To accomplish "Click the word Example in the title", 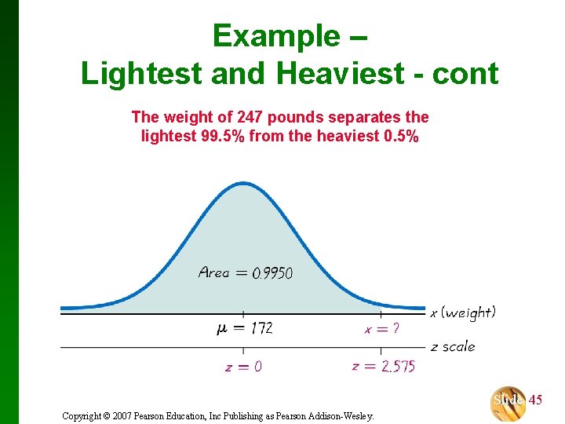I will pos(274,36).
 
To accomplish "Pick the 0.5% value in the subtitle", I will pos(395,136).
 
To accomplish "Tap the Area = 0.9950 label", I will pos(246,273).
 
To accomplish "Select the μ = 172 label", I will pos(244,328).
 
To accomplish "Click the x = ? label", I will pos(381,329).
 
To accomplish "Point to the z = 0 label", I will pos(243,367).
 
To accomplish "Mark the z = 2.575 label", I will pos(383,366).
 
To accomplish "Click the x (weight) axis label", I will pos(463,313).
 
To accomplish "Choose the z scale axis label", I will pos(453,346).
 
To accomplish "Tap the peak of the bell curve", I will pos(242,185).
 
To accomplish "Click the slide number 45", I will pos(535,400).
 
